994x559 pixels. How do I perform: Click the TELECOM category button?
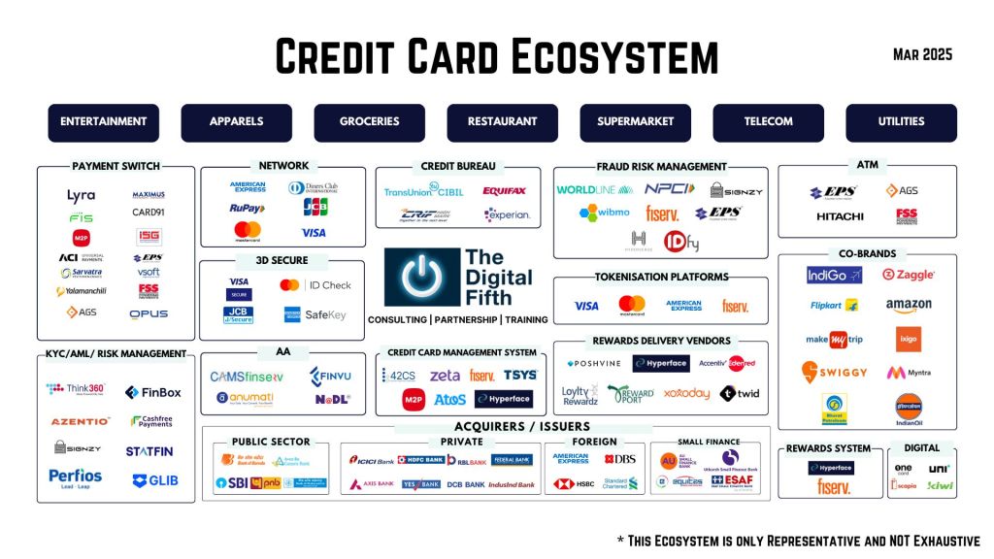[768, 122]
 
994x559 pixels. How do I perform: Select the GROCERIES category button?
[369, 122]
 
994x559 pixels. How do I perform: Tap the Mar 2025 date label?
[922, 54]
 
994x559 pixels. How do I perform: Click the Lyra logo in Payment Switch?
[81, 196]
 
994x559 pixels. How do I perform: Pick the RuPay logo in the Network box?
[248, 208]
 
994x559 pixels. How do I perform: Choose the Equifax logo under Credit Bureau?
[504, 191]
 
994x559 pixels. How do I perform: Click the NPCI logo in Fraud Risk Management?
[670, 189]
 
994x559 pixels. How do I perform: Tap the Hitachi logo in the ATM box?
[840, 215]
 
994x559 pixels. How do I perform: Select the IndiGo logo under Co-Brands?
[834, 276]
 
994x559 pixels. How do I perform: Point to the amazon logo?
[909, 306]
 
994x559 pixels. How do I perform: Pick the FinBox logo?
[152, 393]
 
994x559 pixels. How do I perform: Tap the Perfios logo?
[75, 477]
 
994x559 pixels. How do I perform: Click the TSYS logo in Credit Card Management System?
[520, 375]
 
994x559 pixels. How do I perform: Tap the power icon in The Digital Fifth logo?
[421, 278]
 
